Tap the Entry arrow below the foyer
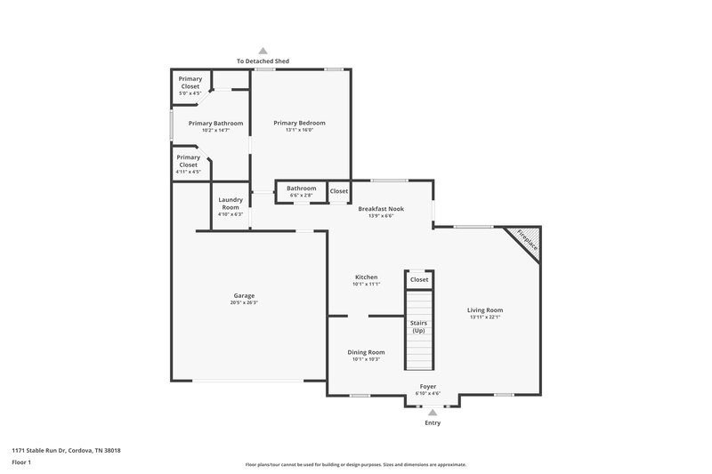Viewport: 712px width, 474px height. click(x=432, y=413)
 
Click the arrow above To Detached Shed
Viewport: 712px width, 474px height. click(x=263, y=52)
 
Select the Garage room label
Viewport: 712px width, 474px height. click(x=244, y=295)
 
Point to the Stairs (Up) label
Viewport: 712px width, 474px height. click(x=418, y=326)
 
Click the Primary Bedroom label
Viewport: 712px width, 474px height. click(x=299, y=123)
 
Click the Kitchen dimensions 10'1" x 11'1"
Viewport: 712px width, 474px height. click(x=366, y=285)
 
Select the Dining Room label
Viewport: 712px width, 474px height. click(x=366, y=352)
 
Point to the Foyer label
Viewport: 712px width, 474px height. click(x=428, y=387)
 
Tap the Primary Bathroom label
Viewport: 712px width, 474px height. click(x=215, y=123)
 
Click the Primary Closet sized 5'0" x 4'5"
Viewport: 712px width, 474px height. click(x=190, y=83)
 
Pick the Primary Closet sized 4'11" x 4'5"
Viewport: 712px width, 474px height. click(x=189, y=161)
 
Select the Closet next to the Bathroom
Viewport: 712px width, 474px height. click(x=339, y=191)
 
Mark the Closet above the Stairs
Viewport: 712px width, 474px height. click(x=419, y=279)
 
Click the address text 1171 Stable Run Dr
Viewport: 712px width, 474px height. click(x=67, y=450)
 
